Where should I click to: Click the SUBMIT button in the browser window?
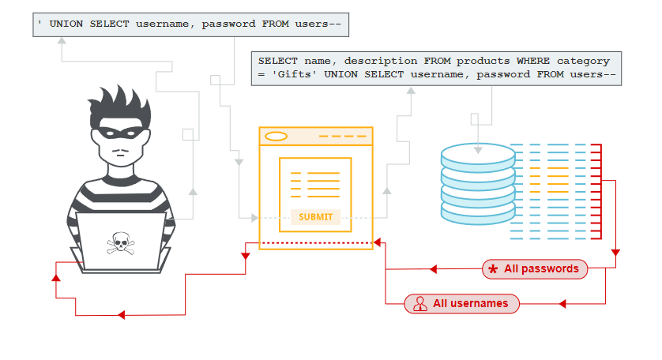pyautogui.click(x=315, y=217)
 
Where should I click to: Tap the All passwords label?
pyautogui.click(x=541, y=269)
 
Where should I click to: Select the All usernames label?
pyautogui.click(x=470, y=303)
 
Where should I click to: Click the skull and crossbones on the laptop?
pyautogui.click(x=121, y=242)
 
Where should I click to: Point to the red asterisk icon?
pyautogui.click(x=493, y=270)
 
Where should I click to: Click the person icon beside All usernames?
pyautogui.click(x=419, y=304)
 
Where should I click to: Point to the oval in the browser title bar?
pyautogui.click(x=276, y=137)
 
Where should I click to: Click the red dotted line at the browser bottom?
pyautogui.click(x=315, y=242)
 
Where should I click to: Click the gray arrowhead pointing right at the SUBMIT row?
pyautogui.click(x=254, y=217)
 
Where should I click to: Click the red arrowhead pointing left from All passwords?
pyautogui.click(x=433, y=269)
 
